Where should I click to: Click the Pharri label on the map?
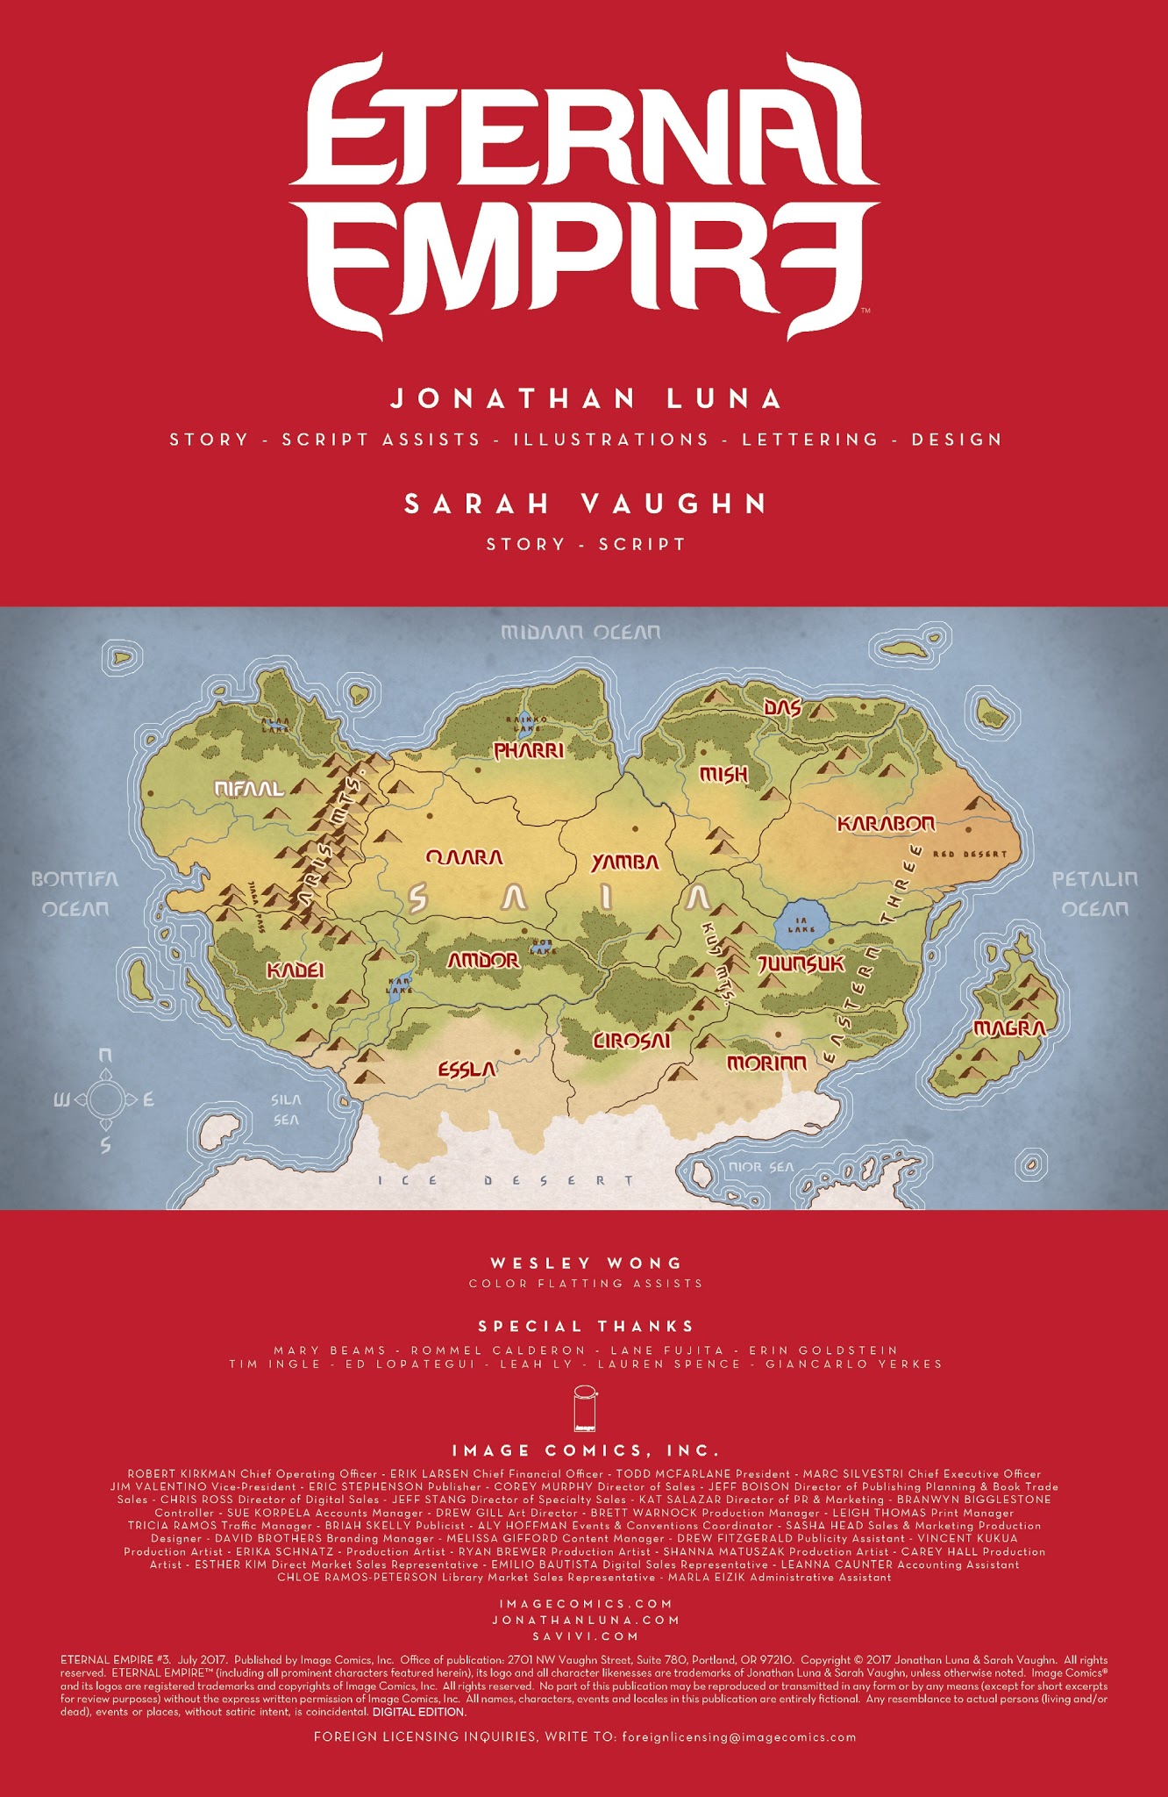[528, 751]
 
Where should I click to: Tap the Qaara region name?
[464, 857]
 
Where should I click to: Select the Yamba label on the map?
[624, 863]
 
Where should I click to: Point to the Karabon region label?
[886, 824]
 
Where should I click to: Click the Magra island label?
[1009, 1028]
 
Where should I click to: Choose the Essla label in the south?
[466, 1070]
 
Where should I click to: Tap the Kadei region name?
[296, 970]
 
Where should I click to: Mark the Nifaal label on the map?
[250, 789]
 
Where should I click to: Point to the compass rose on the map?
[105, 1099]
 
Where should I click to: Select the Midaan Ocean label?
[580, 632]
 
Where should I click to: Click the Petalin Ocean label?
[1094, 893]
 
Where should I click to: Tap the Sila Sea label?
[286, 1109]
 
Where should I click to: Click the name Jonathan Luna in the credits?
[585, 399]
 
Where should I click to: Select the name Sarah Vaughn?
[585, 504]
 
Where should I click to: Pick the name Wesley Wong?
[585, 1264]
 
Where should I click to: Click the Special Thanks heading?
[585, 1326]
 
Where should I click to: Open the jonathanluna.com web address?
[585, 1620]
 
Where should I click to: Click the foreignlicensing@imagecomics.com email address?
[738, 1736]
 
